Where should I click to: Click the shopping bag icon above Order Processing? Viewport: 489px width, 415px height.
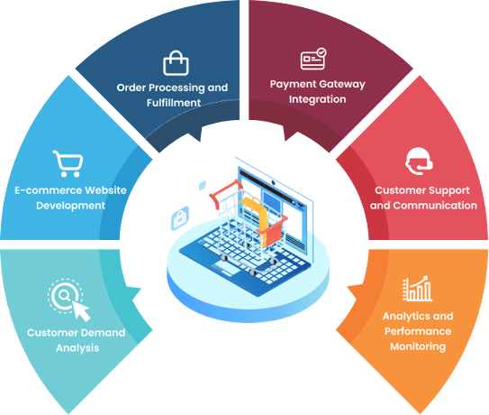tap(176, 63)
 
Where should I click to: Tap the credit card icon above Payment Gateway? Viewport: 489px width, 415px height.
tap(313, 59)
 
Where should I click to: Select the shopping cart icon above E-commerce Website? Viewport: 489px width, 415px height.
tap(68, 163)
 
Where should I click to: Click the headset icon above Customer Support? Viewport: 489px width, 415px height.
tap(419, 161)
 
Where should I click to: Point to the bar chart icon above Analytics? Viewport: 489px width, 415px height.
tap(417, 289)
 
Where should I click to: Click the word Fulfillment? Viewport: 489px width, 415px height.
tap(174, 103)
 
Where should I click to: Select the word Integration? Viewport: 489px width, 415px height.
tap(318, 99)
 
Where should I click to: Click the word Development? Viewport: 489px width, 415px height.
tap(70, 206)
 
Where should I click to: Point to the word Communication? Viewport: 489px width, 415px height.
tap(435, 206)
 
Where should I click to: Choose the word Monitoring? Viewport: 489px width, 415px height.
tap(418, 346)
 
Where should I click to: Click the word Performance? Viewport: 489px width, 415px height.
tap(418, 331)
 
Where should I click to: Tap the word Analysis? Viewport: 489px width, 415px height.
tap(77, 348)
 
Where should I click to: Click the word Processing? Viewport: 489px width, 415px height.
tap(177, 88)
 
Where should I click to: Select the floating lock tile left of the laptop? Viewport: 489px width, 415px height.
tap(180, 218)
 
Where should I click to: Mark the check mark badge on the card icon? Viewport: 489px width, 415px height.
tap(321, 52)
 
